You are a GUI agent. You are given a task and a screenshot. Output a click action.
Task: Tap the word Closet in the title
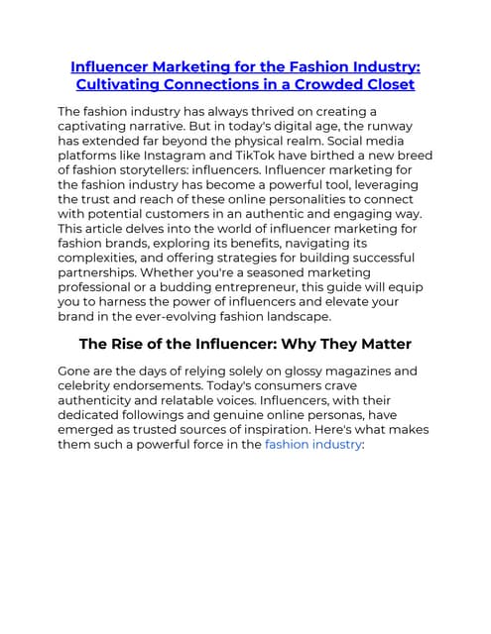(385, 85)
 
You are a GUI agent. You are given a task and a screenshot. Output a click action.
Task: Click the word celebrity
(90, 386)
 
